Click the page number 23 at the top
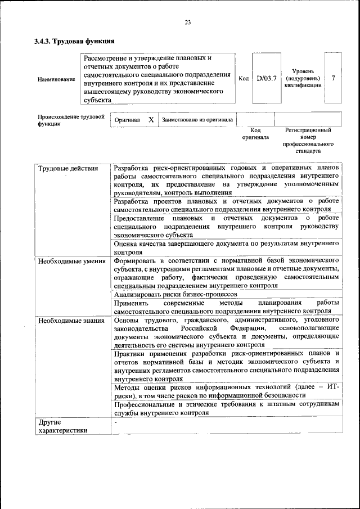tap(187, 22)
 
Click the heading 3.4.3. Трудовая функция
tap(74, 41)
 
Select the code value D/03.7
tap(267, 79)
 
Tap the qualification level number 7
tap(333, 78)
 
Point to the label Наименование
tap(56, 79)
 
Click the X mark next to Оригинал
tap(151, 120)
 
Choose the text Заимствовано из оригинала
tap(197, 120)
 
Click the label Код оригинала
tap(255, 133)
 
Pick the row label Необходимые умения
tap(72, 261)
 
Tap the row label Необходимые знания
tap(71, 321)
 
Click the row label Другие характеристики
tap(62, 426)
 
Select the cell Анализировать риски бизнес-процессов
tap(175, 294)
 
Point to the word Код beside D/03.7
tap(244, 79)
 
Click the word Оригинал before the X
tap(127, 120)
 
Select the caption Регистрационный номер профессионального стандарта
tap(308, 141)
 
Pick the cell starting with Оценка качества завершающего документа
tap(226, 248)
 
